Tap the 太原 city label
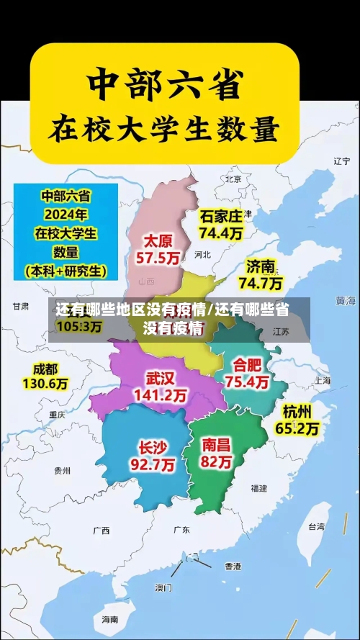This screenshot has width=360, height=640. pyautogui.click(x=159, y=240)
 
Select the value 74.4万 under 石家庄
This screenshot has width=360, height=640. pyautogui.click(x=221, y=233)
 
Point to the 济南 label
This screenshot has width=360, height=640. pyautogui.click(x=261, y=266)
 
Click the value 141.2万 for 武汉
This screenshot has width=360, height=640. pyautogui.click(x=160, y=395)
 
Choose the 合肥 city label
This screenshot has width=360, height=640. pyautogui.click(x=247, y=364)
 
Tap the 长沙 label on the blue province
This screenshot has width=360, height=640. pyautogui.click(x=150, y=446)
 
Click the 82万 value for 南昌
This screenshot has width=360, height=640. pyautogui.click(x=217, y=461)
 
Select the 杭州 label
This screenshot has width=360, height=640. pyautogui.click(x=297, y=412)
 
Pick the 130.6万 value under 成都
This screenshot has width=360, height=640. pyautogui.click(x=45, y=384)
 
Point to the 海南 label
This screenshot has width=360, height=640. pyautogui.click(x=109, y=619)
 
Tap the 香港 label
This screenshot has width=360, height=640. pyautogui.click(x=233, y=566)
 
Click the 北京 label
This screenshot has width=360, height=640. pyautogui.click(x=233, y=179)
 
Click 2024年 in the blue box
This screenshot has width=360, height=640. pyautogui.click(x=65, y=214)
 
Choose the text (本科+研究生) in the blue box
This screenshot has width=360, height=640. pyautogui.click(x=66, y=271)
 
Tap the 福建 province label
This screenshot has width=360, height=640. pyautogui.click(x=259, y=488)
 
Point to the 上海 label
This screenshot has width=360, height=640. pyautogui.click(x=322, y=381)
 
